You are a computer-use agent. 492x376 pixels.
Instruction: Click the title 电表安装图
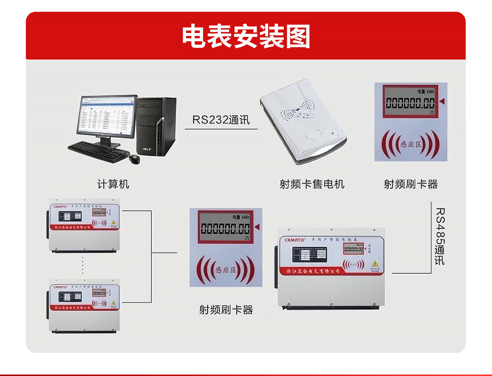[x=246, y=36]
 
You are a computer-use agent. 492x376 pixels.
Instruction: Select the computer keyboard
[x=97, y=151]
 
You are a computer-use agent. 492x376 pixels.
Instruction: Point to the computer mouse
[x=134, y=158]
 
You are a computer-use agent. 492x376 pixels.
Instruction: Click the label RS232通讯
[x=221, y=120]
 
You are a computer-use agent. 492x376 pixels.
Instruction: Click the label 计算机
[x=113, y=184]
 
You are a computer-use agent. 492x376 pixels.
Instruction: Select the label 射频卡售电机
[x=312, y=184]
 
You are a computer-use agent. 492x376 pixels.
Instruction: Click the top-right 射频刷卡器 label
[x=410, y=184]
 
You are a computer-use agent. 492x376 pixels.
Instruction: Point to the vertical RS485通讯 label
[x=439, y=236]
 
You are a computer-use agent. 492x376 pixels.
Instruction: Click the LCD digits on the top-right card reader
[x=410, y=103]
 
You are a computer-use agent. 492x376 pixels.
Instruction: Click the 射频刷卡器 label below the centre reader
[x=226, y=310]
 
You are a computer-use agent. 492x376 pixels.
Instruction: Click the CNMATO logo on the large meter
[x=295, y=240]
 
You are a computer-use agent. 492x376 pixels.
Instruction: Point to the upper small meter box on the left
[x=84, y=225]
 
